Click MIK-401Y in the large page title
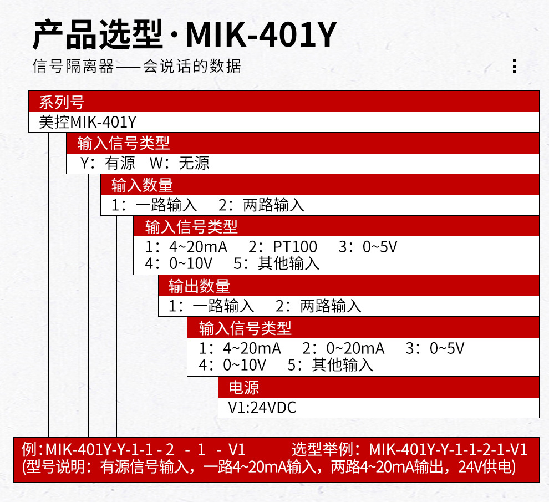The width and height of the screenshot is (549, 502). click(x=261, y=34)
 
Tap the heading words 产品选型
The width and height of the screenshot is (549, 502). click(x=99, y=34)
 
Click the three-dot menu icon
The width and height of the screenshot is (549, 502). click(x=514, y=66)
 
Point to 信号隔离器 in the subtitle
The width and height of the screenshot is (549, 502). click(x=73, y=67)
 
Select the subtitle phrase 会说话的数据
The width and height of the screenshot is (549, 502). click(x=192, y=67)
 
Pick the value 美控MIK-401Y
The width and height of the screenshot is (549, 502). click(x=87, y=121)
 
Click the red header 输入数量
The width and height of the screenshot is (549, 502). click(x=143, y=185)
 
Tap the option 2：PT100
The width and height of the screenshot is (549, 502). click(x=283, y=246)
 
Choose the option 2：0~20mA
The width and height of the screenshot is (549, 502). click(x=343, y=348)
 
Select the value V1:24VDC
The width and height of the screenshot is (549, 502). click(x=262, y=408)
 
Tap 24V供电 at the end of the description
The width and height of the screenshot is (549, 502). click(x=486, y=467)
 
